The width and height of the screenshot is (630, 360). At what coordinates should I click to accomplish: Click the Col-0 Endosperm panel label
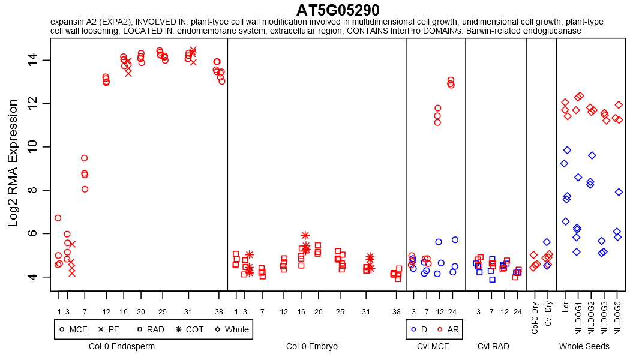[x=122, y=346]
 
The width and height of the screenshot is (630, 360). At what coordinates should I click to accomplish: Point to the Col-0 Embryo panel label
[x=312, y=346]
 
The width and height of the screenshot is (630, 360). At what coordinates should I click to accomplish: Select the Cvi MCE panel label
[x=433, y=346]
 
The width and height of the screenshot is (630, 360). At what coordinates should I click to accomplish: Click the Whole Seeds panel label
[x=584, y=346]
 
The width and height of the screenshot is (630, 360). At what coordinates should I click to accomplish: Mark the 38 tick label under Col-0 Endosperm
[x=219, y=312]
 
